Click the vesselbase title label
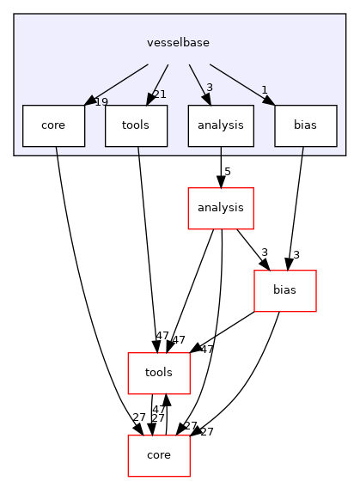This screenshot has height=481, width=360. (179, 41)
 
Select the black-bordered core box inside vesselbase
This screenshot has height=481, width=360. (53, 125)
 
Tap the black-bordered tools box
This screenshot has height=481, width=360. (136, 125)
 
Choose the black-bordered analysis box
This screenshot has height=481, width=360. (221, 125)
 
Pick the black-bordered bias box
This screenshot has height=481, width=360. (305, 125)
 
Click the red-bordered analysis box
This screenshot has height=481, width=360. (221, 208)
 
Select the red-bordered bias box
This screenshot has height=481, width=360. (284, 290)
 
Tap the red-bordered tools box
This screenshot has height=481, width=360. (159, 373)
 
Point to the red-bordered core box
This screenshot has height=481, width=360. (159, 455)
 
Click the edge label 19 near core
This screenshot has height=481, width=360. (101, 102)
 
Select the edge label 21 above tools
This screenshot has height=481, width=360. (159, 94)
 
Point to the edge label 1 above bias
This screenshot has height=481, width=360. (264, 90)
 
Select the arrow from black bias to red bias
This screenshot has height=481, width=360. (295, 206)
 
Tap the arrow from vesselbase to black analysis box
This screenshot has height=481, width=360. (199, 82)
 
